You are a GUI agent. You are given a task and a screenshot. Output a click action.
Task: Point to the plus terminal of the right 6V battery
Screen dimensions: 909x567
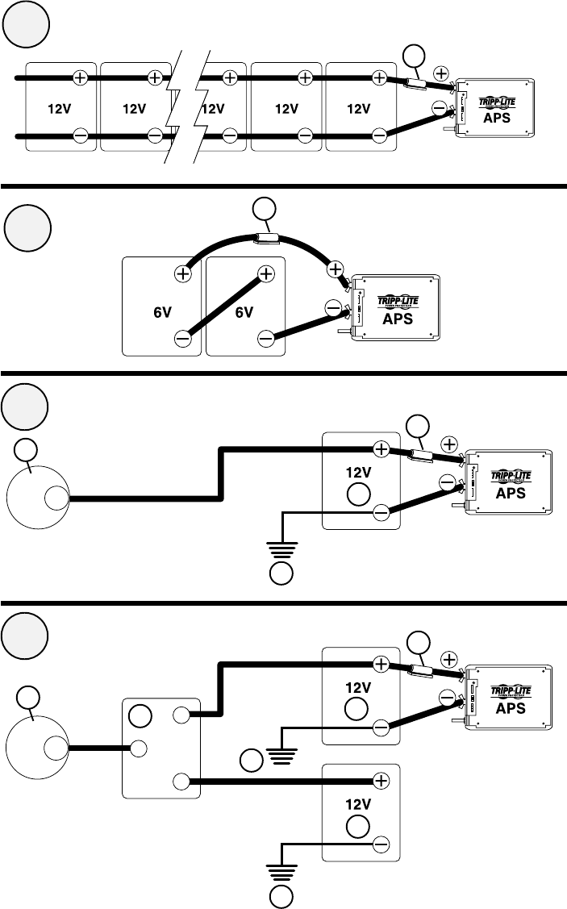point(267,274)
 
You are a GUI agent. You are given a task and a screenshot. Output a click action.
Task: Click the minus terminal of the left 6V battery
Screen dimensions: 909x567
point(182,338)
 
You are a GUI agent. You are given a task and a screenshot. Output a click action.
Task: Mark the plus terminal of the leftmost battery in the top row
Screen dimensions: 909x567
point(81,77)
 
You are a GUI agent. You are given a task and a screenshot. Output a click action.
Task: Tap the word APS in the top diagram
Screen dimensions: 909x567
point(498,115)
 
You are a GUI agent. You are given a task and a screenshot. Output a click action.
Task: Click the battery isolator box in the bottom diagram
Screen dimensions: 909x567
point(161,748)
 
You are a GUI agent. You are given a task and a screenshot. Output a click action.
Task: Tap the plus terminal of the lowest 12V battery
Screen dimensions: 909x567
point(381,781)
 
